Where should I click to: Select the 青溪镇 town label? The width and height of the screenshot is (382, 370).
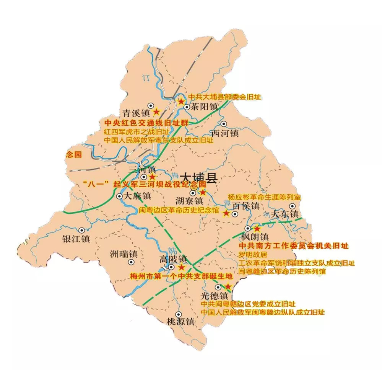[135, 113]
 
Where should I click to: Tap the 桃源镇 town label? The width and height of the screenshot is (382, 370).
[180, 321]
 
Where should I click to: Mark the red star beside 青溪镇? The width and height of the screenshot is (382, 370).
[156, 112]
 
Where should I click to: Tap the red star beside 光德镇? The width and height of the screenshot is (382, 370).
[228, 287]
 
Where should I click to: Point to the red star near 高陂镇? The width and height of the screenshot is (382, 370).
[181, 267]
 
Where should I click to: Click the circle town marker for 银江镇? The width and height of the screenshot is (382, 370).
[81, 230]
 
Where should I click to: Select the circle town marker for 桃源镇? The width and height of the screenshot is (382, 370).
[178, 314]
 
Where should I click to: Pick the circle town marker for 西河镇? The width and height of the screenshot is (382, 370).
[224, 124]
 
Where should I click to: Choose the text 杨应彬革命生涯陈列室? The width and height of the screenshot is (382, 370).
[264, 197]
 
